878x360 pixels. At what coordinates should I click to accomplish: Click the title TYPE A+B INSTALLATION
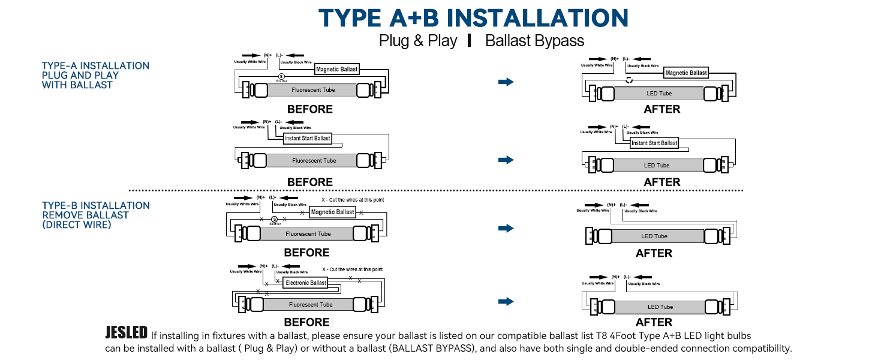tap(473, 17)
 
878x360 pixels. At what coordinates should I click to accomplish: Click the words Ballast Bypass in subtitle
tap(534, 41)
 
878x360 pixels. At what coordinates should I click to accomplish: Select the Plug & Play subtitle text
tap(417, 41)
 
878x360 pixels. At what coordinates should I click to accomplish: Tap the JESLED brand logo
tap(126, 333)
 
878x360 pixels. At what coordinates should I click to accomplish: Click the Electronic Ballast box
tap(305, 283)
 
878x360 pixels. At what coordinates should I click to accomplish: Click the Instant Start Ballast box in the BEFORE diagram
tap(307, 138)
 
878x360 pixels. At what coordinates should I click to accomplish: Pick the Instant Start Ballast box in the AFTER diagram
tap(654, 143)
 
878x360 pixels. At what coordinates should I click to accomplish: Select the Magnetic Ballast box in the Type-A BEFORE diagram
tap(336, 70)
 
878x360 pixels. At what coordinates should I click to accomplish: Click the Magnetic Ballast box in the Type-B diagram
tap(332, 212)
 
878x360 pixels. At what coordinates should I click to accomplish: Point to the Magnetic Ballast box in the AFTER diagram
tap(686, 73)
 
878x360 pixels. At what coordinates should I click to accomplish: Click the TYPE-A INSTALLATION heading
tap(95, 66)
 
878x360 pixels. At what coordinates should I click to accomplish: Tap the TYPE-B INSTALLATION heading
tap(95, 206)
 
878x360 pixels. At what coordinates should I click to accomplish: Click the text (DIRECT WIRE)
tap(76, 225)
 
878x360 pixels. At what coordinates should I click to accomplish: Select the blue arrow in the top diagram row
tap(506, 82)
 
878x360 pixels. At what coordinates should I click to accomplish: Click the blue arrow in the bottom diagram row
tap(506, 301)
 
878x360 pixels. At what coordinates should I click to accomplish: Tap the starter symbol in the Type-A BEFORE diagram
tap(281, 76)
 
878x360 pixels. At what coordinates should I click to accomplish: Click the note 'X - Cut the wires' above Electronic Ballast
tap(352, 269)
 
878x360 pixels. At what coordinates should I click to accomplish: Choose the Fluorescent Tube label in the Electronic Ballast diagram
tap(310, 305)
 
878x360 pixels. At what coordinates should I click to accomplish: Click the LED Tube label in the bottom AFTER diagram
tap(660, 307)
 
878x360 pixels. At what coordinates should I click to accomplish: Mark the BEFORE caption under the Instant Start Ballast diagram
tap(309, 182)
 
